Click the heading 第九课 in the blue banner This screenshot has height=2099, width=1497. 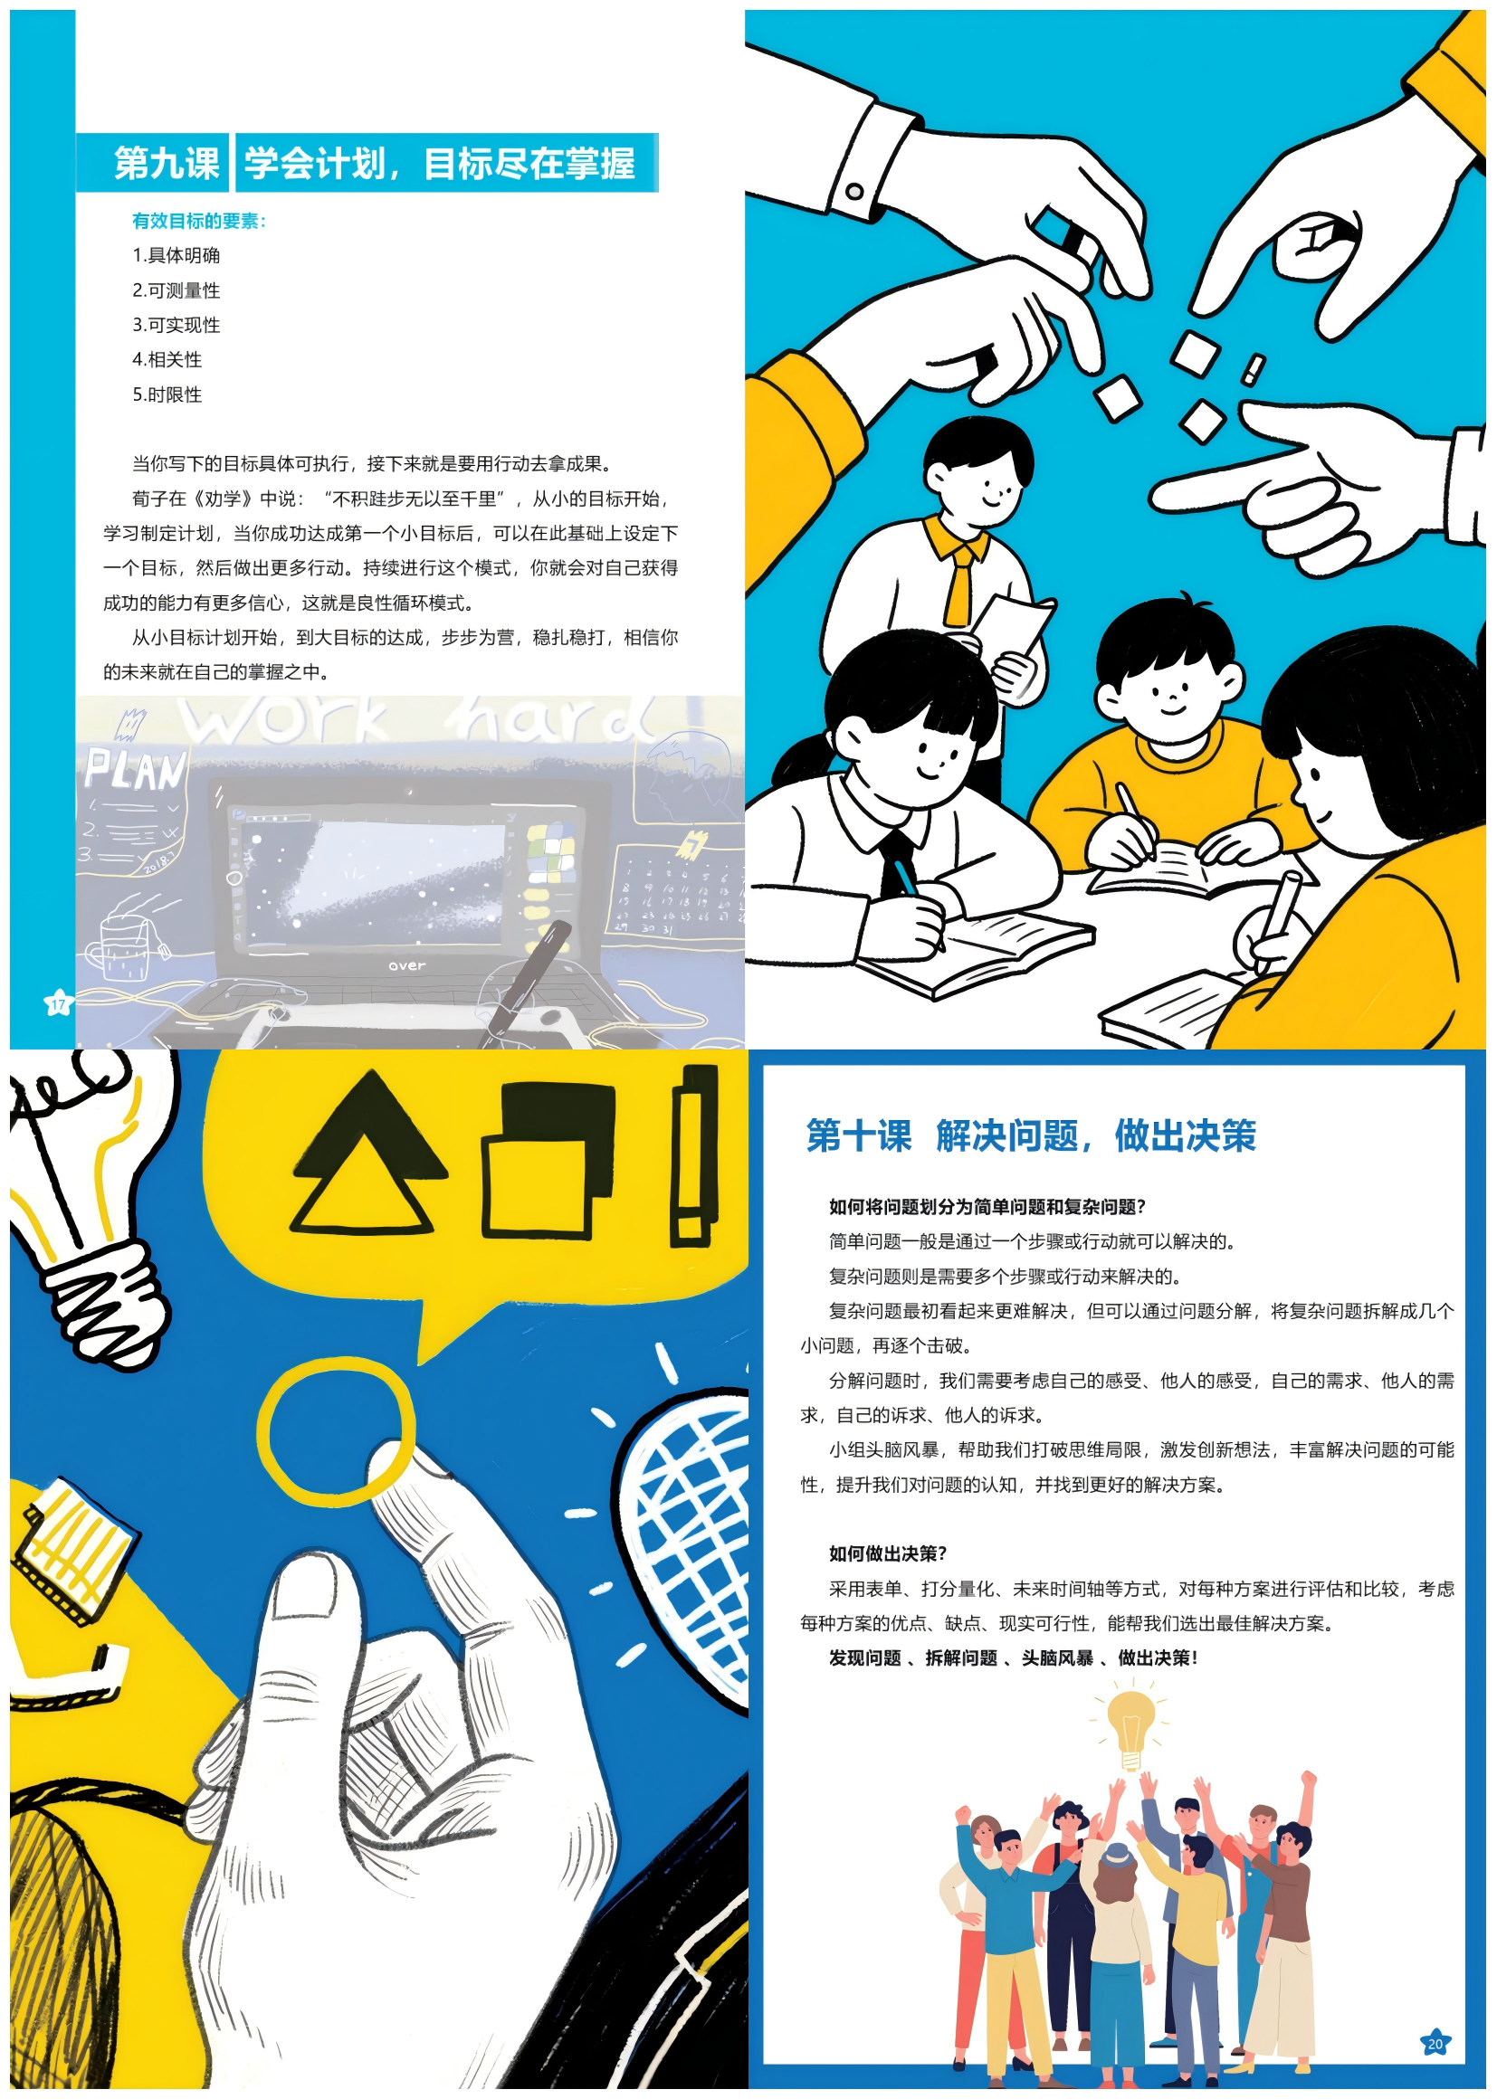[167, 164]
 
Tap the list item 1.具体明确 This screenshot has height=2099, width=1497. [176, 255]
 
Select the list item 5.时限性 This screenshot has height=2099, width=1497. [167, 394]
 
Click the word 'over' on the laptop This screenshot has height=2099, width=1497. [406, 965]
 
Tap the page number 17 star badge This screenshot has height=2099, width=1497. [58, 1003]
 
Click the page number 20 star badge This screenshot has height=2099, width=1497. [1435, 2043]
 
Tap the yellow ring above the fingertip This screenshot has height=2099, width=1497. [337, 1433]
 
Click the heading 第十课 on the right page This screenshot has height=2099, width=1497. [858, 1135]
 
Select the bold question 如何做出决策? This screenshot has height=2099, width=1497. [888, 1553]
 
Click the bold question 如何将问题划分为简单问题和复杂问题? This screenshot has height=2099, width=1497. [987, 1206]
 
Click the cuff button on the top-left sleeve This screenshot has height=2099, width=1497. [854, 192]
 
